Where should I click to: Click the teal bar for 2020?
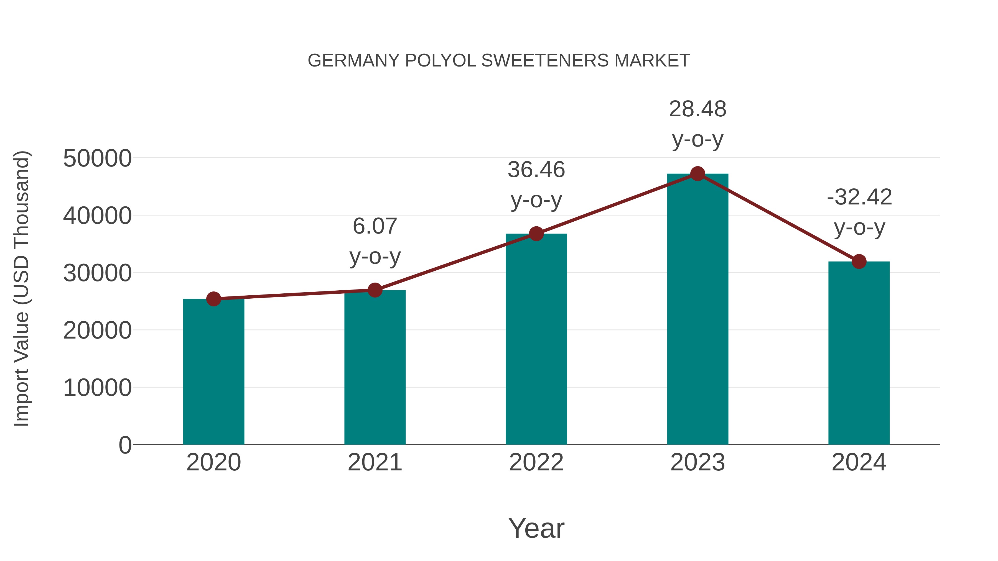tap(213, 372)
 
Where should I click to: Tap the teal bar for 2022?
tap(536, 339)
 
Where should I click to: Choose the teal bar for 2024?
tap(859, 353)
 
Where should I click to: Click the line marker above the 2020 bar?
tap(213, 299)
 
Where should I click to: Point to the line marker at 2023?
tap(697, 174)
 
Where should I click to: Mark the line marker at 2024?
tap(859, 262)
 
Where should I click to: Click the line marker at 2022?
tap(536, 234)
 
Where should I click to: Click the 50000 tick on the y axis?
tap(97, 158)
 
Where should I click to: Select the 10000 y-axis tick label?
tap(97, 388)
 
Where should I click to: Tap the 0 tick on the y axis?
tap(125, 445)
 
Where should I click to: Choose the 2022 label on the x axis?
tap(536, 462)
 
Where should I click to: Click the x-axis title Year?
tap(536, 528)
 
